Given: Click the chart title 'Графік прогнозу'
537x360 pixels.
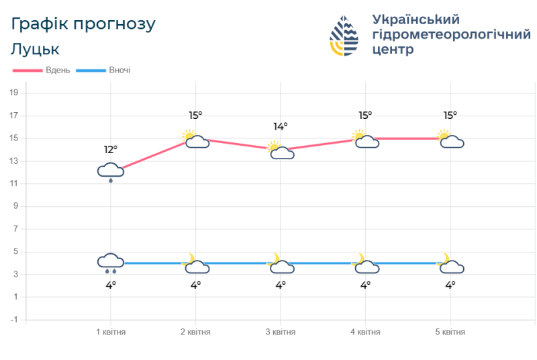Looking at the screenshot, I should pyautogui.click(x=84, y=24).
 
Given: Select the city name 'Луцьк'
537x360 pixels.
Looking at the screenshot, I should pyautogui.click(x=36, y=49).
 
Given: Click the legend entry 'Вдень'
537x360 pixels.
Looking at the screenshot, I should pyautogui.click(x=58, y=70).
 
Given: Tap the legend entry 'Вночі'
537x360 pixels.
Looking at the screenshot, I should pyautogui.click(x=119, y=70).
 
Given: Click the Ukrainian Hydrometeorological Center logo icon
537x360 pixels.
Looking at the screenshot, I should pyautogui.click(x=344, y=36).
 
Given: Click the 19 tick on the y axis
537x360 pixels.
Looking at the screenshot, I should pyautogui.click(x=13, y=93).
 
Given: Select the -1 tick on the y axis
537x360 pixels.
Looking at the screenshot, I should pyautogui.click(x=13, y=320).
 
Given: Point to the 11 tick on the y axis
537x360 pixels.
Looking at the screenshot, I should pyautogui.click(x=13, y=183).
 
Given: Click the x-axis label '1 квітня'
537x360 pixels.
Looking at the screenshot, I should pyautogui.click(x=111, y=332).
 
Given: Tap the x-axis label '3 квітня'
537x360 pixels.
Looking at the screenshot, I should pyautogui.click(x=281, y=332).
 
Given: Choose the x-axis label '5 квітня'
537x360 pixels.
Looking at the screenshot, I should pyautogui.click(x=450, y=332).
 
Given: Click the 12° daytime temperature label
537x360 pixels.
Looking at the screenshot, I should pyautogui.click(x=111, y=149).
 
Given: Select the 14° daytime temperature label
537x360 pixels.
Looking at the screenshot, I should pyautogui.click(x=281, y=126).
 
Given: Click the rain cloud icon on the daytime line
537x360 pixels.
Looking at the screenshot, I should pyautogui.click(x=111, y=172).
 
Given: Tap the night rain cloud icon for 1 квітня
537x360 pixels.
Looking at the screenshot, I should pyautogui.click(x=111, y=263).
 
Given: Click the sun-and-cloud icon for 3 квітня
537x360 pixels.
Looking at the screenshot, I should pyautogui.click(x=280, y=150).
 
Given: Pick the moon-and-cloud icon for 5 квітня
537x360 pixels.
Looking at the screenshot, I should pyautogui.click(x=450, y=264).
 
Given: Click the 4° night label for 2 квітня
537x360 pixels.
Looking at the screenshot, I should pyautogui.click(x=195, y=285).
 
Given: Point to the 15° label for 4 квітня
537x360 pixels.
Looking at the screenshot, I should pyautogui.click(x=365, y=116).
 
